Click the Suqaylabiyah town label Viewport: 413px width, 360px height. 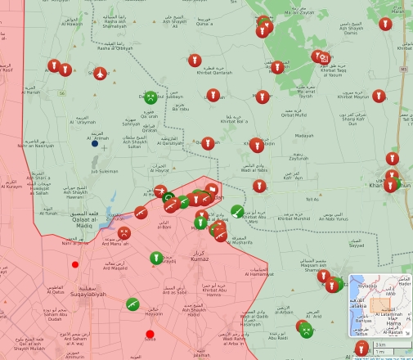tap(90, 290)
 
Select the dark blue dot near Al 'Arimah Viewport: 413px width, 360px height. tap(95, 144)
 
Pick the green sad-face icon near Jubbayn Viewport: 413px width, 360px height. tap(150, 97)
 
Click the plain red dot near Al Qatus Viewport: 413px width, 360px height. tap(75, 264)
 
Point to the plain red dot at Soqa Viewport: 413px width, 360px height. tap(150, 335)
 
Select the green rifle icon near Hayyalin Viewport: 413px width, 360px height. tap(132, 304)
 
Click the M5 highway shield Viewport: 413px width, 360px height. tap(404, 70)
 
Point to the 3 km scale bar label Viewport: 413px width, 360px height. tap(380, 345)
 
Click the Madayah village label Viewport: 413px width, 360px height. tap(304, 136)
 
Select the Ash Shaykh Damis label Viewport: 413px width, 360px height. tap(350, 30)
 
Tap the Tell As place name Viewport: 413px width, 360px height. tap(312, 199)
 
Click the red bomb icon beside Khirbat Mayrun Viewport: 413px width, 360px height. tap(379, 97)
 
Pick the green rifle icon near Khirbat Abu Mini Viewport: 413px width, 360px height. tap(237, 211)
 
